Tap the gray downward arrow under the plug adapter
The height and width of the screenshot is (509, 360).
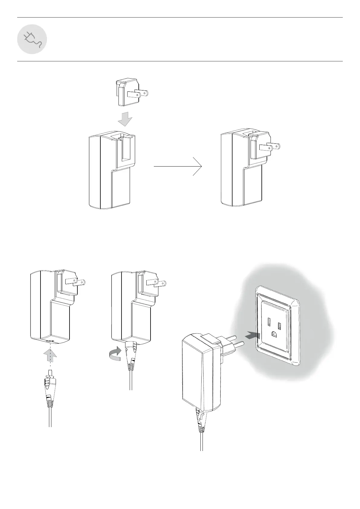(x=125, y=119)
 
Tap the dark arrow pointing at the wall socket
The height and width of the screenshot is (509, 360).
(x=252, y=335)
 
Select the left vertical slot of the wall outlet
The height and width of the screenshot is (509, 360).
(x=269, y=320)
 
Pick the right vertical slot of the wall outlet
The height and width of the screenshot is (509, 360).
(x=280, y=326)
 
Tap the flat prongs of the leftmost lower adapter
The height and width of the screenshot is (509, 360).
(x=75, y=282)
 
